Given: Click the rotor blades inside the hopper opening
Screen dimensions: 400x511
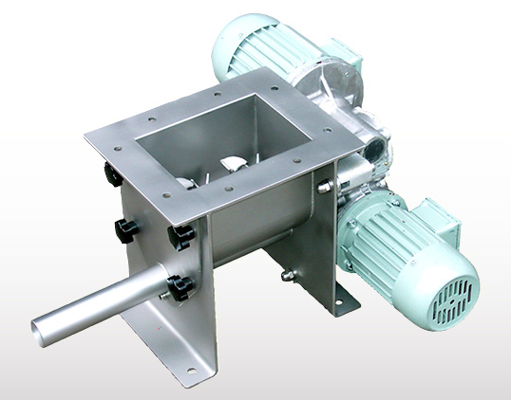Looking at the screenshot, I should [x=228, y=168].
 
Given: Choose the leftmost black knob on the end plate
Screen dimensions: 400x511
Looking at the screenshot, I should [x=124, y=227].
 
